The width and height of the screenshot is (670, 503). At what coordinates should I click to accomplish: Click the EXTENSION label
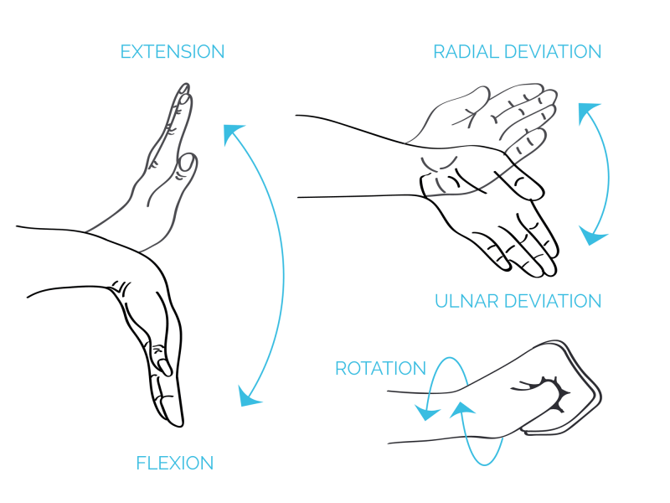coord(173,52)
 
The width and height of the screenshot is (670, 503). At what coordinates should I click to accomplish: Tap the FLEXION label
coord(175,464)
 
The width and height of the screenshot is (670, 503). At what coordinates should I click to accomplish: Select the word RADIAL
coord(466,52)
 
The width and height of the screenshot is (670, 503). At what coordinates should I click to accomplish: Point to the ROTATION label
coord(380,368)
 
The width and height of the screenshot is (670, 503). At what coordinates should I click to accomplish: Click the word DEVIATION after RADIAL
coord(553,52)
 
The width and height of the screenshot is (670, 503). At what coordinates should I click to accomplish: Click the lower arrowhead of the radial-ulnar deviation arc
coord(592,236)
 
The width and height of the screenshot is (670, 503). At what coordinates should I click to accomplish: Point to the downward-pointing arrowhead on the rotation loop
coord(426,412)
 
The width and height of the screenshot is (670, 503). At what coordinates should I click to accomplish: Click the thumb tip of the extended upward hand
coord(188,163)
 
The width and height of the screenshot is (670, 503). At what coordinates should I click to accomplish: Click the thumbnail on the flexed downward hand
coord(164,366)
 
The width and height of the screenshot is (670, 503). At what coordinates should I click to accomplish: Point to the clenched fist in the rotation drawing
coord(555,389)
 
